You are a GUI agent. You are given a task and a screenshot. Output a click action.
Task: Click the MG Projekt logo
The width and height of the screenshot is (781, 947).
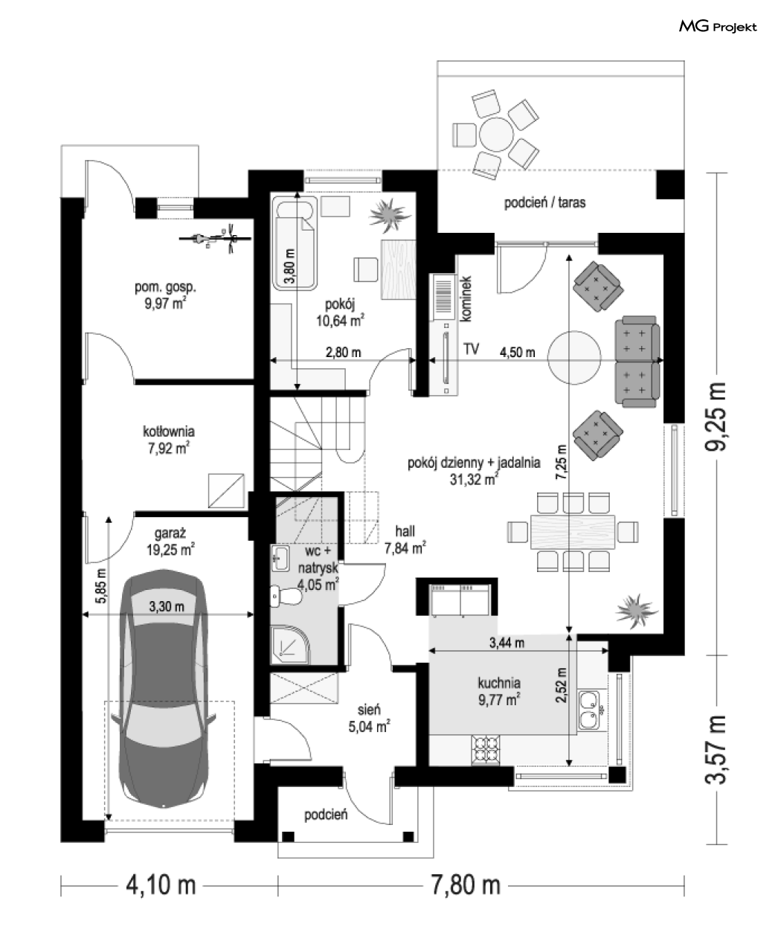click(x=718, y=27)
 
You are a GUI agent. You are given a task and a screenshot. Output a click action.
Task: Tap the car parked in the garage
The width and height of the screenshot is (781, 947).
click(x=164, y=691)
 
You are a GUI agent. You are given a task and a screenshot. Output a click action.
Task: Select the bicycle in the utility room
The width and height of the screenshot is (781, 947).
click(x=215, y=238)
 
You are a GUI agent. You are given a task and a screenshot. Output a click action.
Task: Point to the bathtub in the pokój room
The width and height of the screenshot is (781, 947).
click(x=295, y=245)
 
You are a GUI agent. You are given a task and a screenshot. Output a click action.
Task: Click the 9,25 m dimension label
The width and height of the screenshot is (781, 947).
click(x=716, y=417)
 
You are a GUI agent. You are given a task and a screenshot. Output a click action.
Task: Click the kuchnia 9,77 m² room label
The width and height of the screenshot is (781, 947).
click(x=499, y=691)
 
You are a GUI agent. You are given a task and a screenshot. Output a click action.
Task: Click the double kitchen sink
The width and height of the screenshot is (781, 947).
click(x=588, y=710)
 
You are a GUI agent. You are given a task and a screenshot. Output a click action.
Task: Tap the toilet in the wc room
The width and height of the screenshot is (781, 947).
click(x=286, y=596)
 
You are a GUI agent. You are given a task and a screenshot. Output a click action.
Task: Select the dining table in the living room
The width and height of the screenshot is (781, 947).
click(x=573, y=531)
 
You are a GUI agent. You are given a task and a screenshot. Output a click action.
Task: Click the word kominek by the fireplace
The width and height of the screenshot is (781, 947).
click(x=466, y=299)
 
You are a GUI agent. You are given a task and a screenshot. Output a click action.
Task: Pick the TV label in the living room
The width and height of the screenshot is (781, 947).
click(x=472, y=349)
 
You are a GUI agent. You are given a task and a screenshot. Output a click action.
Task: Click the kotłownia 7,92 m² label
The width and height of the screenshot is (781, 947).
click(x=169, y=440)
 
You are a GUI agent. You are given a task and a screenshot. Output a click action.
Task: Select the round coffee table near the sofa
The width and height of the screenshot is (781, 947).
click(x=574, y=357)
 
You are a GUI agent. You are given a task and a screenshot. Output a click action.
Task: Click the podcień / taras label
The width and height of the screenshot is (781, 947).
click(x=544, y=202)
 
